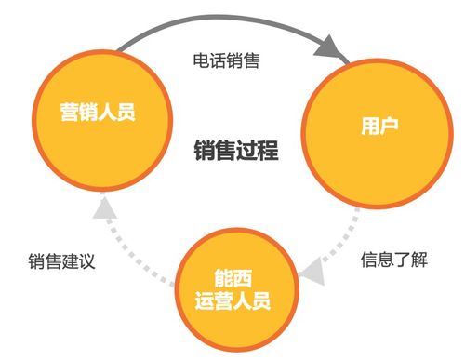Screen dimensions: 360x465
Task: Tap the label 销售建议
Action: coord(62,260)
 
